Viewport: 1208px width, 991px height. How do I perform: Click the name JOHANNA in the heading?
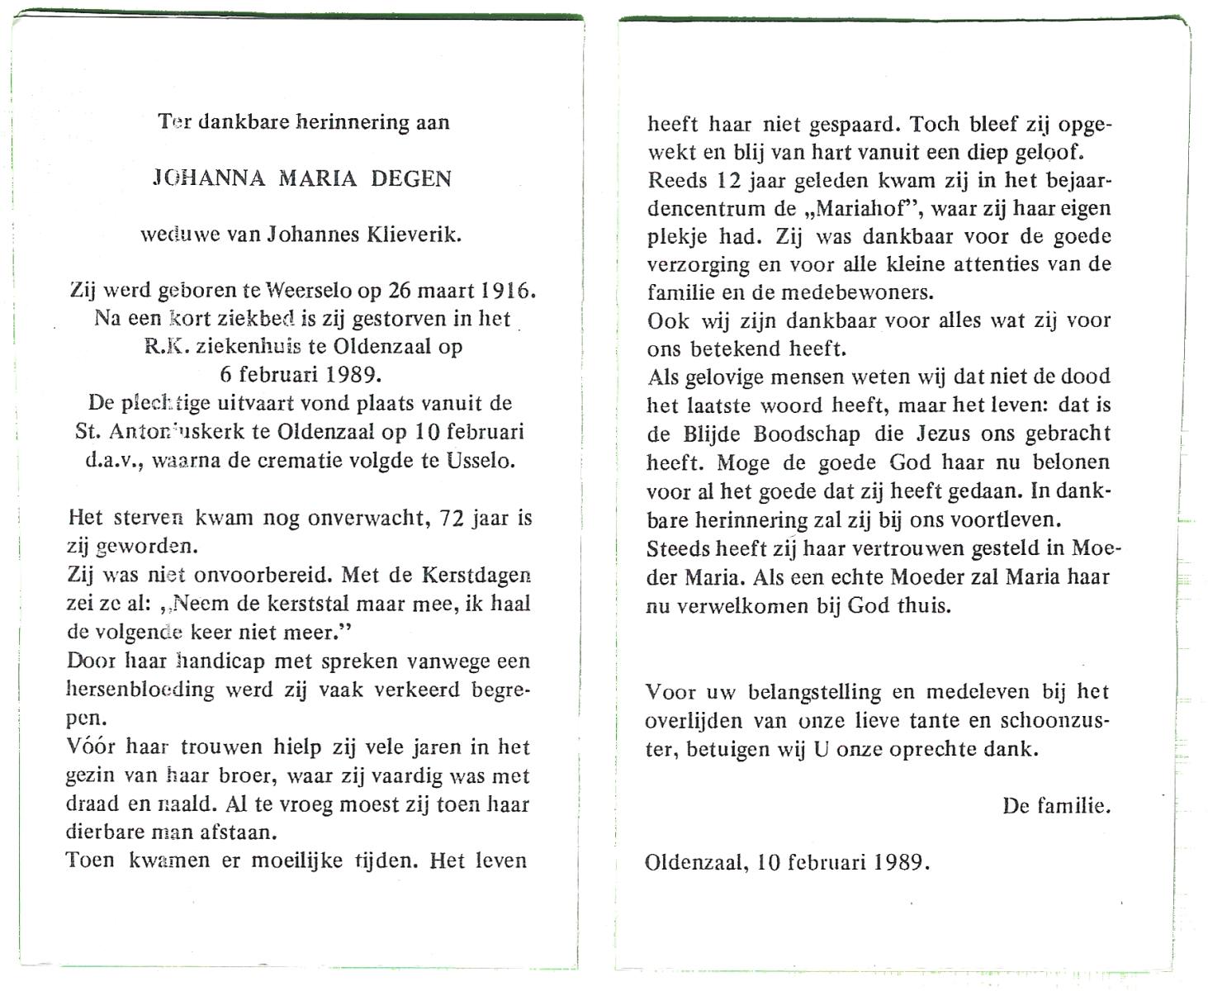click(209, 179)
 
